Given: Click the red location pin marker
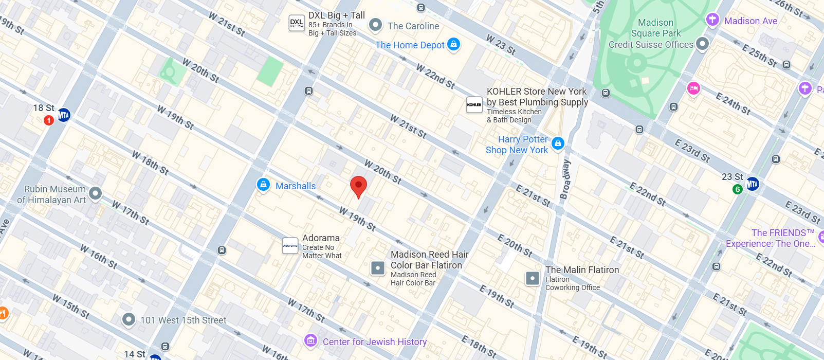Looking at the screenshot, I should (358, 186).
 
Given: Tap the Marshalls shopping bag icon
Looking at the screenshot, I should (263, 185).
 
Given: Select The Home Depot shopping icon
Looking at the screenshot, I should (453, 44).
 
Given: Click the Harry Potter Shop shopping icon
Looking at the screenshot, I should (558, 143).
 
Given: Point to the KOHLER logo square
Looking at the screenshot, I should (474, 105).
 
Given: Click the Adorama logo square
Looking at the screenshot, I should (290, 246).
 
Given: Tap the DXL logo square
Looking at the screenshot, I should (297, 23).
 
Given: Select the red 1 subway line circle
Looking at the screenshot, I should (49, 120).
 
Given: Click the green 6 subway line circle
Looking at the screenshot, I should (737, 189).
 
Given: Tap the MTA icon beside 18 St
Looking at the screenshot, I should (64, 115).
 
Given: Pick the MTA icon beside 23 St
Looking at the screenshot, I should (753, 184).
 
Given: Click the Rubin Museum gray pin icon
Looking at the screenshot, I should (95, 193).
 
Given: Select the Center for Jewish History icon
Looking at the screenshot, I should (310, 340).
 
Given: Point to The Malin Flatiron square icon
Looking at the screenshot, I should (533, 278).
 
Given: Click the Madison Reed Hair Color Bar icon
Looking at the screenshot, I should (378, 268).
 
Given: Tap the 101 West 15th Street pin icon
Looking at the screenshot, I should (129, 319).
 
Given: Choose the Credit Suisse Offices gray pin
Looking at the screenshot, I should (702, 44).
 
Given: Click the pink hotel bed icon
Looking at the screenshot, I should (693, 88).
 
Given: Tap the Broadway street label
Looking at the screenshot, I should (565, 179).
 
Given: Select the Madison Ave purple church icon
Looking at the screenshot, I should (712, 20).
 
